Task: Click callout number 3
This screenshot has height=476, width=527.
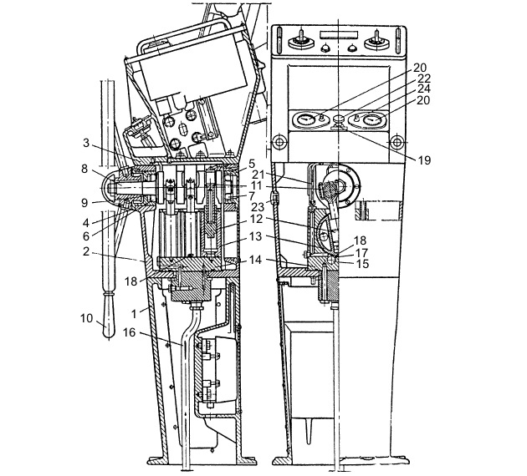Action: (x=86, y=143)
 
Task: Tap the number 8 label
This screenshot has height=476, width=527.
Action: (x=84, y=169)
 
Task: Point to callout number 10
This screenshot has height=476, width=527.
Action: (x=86, y=317)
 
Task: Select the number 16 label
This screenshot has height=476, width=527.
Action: (x=129, y=332)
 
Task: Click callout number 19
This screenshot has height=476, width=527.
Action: (x=424, y=160)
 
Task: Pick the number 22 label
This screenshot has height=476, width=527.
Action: (x=423, y=78)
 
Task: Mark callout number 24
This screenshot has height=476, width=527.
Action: (x=423, y=89)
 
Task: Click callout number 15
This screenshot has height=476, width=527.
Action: (x=362, y=264)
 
